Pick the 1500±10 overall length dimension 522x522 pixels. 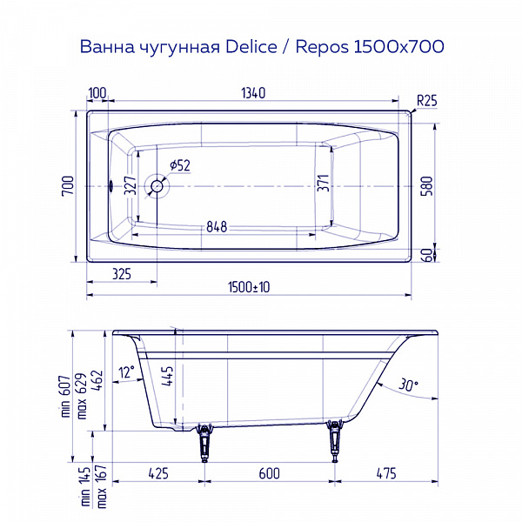[250, 287]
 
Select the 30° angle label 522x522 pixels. [407, 384]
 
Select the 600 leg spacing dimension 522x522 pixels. [270, 473]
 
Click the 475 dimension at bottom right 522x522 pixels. [385, 473]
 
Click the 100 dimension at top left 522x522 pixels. [97, 93]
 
